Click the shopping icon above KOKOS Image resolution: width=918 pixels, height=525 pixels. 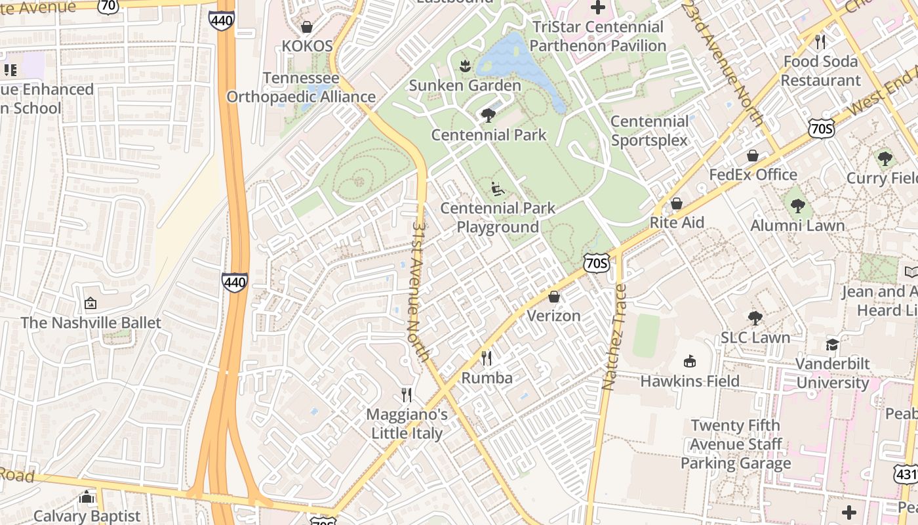pyautogui.click(x=306, y=27)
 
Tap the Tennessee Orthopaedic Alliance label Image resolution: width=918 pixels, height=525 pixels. pyautogui.click(x=301, y=88)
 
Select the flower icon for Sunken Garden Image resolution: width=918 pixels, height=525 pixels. pyautogui.click(x=465, y=66)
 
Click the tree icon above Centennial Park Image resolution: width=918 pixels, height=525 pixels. pyautogui.click(x=488, y=116)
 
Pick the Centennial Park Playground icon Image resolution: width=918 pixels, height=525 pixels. pyautogui.click(x=498, y=189)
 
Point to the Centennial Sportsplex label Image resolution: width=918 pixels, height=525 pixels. pyautogui.click(x=649, y=131)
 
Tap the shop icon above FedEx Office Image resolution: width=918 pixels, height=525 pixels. pyautogui.click(x=753, y=156)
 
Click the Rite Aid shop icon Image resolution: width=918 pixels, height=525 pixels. pyautogui.click(x=677, y=203)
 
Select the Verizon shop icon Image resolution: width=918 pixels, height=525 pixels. pyautogui.click(x=554, y=297)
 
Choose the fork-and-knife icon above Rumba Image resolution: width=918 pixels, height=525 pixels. pyautogui.click(x=487, y=358)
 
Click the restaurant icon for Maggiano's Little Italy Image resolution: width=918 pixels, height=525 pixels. pyautogui.click(x=407, y=395)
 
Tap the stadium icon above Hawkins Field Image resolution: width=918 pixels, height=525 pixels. pyautogui.click(x=689, y=362)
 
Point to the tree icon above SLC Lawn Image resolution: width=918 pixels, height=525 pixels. pyautogui.click(x=755, y=318)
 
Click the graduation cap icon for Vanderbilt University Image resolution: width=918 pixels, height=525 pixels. pyautogui.click(x=832, y=345)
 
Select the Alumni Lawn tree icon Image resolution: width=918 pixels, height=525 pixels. pyautogui.click(x=797, y=207)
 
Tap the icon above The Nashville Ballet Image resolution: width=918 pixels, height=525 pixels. pyautogui.click(x=90, y=304)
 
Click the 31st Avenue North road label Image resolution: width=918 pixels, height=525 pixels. pyautogui.click(x=421, y=291)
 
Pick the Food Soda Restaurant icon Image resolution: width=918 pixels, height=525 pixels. pyautogui.click(x=820, y=42)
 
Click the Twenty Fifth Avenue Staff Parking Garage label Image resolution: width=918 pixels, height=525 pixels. pyautogui.click(x=736, y=444)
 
